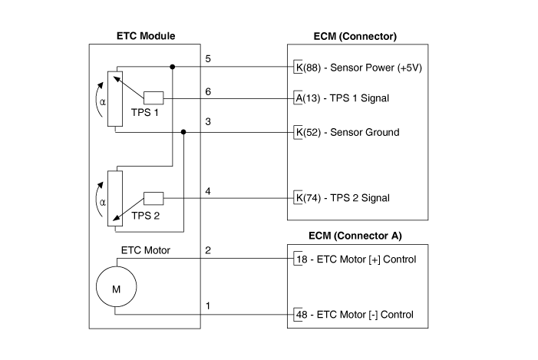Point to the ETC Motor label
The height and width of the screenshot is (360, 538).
(145, 250)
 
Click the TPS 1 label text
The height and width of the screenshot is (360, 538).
(146, 112)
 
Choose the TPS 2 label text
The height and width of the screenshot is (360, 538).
(146, 216)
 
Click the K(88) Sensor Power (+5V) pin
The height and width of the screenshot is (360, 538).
(358, 68)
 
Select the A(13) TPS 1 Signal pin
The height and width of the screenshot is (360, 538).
(346, 99)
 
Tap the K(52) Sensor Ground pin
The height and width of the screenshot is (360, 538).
(347, 132)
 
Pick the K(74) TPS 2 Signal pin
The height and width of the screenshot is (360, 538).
(342, 198)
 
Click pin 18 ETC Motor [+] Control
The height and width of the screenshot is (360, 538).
(355, 259)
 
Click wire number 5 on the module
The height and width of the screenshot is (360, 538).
(207, 58)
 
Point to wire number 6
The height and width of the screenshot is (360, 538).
(207, 91)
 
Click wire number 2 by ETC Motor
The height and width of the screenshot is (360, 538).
(207, 250)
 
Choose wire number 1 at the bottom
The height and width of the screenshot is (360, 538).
(207, 306)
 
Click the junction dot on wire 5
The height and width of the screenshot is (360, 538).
(172, 67)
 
